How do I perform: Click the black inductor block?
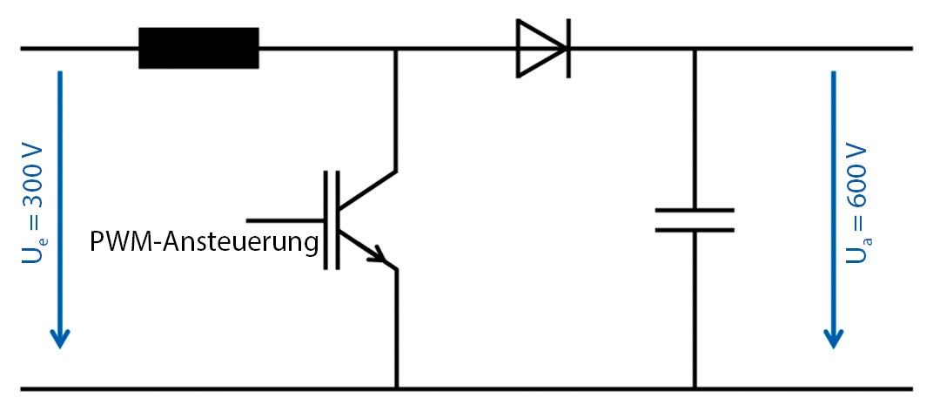[x=198, y=48]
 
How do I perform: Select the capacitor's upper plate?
[x=695, y=210]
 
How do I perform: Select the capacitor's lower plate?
[x=695, y=230]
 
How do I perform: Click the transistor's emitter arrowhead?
[x=379, y=257]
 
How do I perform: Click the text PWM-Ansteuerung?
[x=204, y=241]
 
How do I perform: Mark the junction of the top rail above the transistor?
[x=397, y=49]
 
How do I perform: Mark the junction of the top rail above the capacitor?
[x=695, y=49]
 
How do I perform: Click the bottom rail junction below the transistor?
[x=397, y=388]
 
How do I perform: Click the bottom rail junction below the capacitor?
[x=695, y=388]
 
